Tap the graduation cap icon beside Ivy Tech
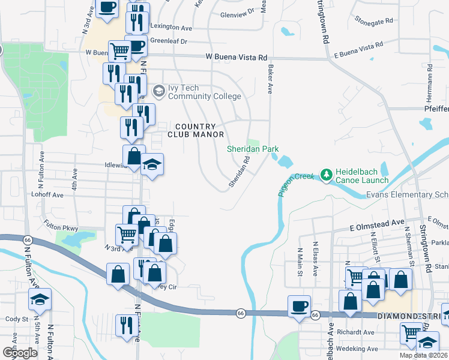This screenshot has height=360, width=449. [x=159, y=91]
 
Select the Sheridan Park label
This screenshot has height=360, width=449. [x=252, y=149]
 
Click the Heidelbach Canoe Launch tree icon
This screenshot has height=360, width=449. [x=327, y=175]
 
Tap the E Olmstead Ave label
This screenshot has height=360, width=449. [x=378, y=222]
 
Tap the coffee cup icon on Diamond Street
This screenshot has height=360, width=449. [x=299, y=307]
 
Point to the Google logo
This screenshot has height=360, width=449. [x=19, y=353]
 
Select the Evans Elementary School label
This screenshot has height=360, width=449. [x=408, y=195]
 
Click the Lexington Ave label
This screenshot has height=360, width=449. [x=171, y=28]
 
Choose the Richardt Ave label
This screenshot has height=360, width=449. [x=356, y=332]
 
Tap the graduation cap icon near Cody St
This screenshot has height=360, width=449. [x=40, y=299]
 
